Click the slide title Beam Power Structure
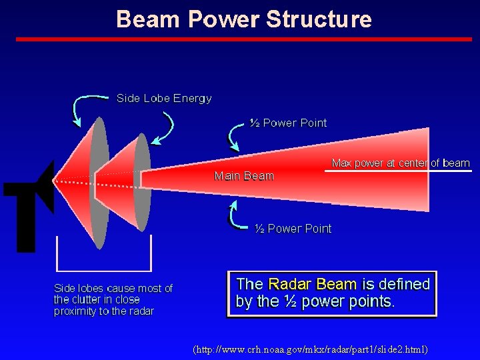[x=244, y=19]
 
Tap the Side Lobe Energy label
[x=164, y=99]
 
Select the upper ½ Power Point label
[x=288, y=123]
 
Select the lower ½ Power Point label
[x=293, y=229]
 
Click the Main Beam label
[x=244, y=176]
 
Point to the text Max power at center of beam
[x=400, y=163]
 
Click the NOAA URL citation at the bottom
[x=309, y=349]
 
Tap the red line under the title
[x=244, y=39]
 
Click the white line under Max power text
[x=397, y=171]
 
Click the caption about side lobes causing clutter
[x=113, y=299]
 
